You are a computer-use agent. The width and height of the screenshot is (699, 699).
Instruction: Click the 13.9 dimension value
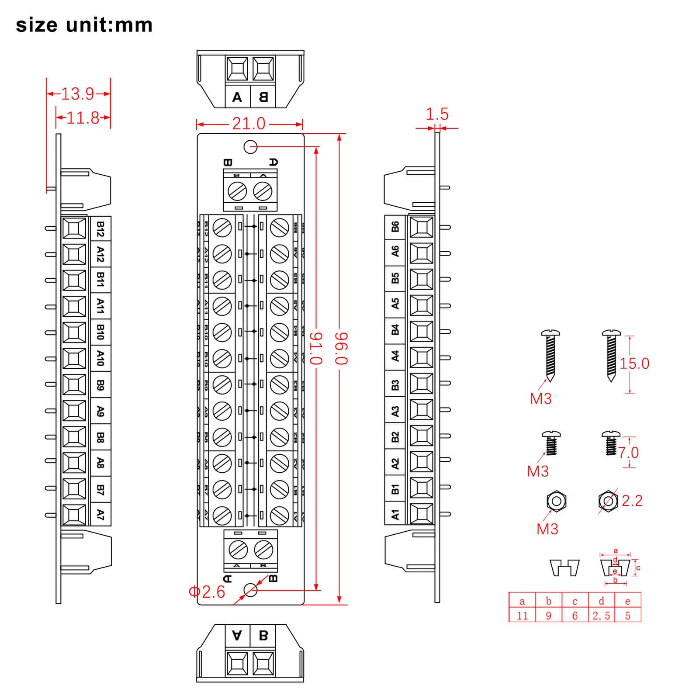(77, 94)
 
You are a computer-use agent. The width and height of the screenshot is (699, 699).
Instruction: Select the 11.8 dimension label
(83, 118)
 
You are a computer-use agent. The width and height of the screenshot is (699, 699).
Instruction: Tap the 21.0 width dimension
(249, 124)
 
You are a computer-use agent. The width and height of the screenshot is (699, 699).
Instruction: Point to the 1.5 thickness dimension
(437, 114)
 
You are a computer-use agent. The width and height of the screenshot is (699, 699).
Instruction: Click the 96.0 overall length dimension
(341, 348)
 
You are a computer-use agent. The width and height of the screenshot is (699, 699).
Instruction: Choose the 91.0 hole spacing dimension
(316, 348)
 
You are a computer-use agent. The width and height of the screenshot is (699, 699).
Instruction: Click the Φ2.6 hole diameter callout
(207, 592)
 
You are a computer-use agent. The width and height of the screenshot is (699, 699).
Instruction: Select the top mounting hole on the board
(250, 147)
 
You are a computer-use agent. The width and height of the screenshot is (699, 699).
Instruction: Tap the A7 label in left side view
(100, 514)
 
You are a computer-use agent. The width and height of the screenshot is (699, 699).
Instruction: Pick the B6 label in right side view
(395, 227)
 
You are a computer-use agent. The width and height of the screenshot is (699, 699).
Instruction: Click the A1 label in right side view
(395, 514)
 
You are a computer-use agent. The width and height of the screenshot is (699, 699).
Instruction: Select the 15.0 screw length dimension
(634, 363)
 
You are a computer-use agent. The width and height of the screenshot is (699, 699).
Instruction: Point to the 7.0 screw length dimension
(629, 453)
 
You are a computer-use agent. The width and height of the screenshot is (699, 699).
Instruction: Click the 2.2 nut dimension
(632, 501)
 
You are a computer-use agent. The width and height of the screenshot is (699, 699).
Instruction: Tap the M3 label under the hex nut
(547, 529)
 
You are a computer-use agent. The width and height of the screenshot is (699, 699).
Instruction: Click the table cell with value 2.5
(601, 616)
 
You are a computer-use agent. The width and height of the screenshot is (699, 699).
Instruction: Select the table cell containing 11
(522, 616)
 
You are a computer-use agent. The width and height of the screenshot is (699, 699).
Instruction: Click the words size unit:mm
(84, 25)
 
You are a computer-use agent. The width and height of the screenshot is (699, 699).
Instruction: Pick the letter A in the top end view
(237, 97)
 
